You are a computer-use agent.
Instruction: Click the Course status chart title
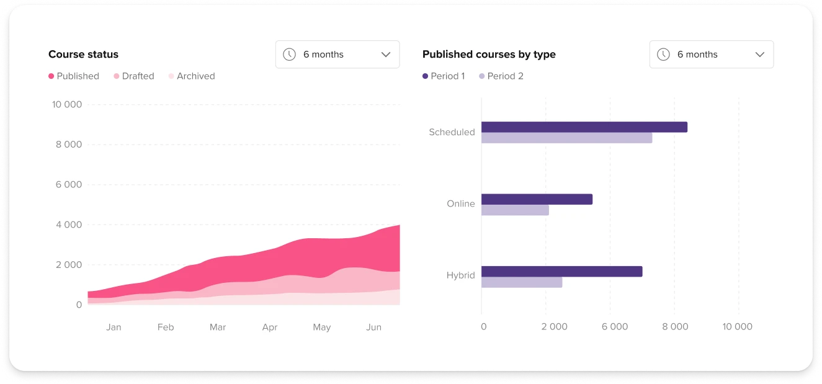coord(83,55)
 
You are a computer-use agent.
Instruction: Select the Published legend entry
coord(74,76)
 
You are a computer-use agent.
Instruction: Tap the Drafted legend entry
coord(134,76)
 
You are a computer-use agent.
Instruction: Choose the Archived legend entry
coord(192,76)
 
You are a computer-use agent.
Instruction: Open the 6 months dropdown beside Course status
coord(337,55)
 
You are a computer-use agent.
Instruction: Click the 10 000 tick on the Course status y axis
coord(67,105)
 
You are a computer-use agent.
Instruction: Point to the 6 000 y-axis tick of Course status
coord(69,185)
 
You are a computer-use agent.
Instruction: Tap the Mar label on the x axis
coord(218,327)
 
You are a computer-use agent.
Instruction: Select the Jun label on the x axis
coord(373,327)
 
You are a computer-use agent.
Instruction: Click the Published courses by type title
coord(489,55)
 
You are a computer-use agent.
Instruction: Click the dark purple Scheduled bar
coord(584,127)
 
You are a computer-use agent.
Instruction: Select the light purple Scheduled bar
coord(566,138)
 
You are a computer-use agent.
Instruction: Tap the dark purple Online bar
coord(537,199)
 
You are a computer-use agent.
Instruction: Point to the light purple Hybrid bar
coord(522,282)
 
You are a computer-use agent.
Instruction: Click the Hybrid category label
coord(460,275)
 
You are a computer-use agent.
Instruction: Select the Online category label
coord(461,203)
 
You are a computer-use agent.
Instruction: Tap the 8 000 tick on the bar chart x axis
coord(674,327)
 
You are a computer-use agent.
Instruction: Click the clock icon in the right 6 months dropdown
coord(663,55)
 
